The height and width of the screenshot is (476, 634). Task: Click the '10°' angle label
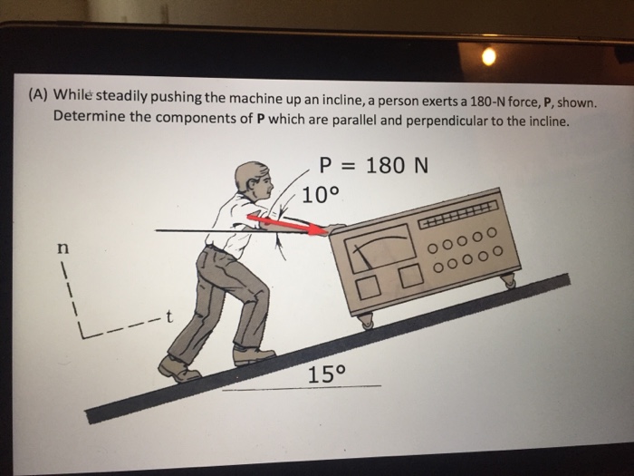coord(320,195)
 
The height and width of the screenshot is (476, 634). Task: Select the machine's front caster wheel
coord(365,321)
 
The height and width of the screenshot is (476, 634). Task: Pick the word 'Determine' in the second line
coord(89,119)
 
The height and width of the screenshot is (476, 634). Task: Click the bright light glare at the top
coord(490,57)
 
